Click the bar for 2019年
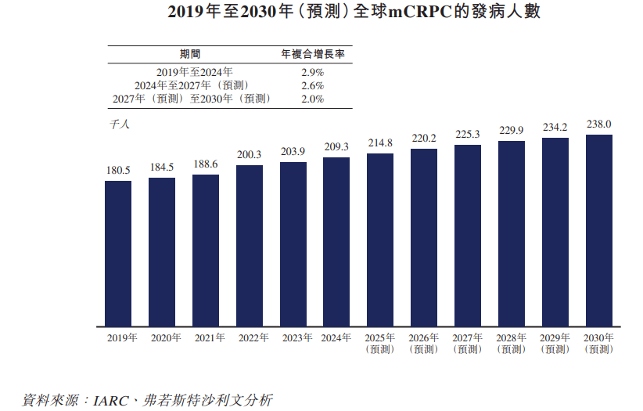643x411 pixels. point(118,254)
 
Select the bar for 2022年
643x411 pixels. point(250,246)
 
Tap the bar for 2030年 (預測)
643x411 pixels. point(598,231)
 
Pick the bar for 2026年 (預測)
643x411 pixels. point(424,237)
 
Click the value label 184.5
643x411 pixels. point(162,167)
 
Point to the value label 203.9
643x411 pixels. point(293,151)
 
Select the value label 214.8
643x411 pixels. point(380,142)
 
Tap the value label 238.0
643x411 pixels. point(598,124)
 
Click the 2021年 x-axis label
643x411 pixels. point(206,338)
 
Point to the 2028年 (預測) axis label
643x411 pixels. point(512,343)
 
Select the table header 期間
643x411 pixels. point(190,54)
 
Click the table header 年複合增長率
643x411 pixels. point(312,54)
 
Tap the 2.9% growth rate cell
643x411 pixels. point(312,72)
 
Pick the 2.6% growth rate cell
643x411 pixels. point(312,85)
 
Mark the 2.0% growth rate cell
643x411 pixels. point(312,99)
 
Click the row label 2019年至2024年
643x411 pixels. point(190,72)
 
